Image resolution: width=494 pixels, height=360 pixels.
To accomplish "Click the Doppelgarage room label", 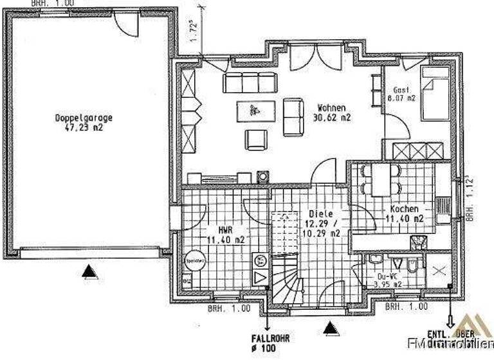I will pos(84,118).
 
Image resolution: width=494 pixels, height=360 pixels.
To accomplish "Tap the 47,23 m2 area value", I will pos(84,127).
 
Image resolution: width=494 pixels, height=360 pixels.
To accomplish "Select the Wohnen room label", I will pos(333,108).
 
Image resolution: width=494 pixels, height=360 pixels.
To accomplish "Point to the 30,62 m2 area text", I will pos(333,118).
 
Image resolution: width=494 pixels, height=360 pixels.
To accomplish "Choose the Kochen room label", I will pos(405,210).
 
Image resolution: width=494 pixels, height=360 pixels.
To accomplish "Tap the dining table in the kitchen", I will pos(381,179).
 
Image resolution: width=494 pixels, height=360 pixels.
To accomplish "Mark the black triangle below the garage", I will pos(89,273).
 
